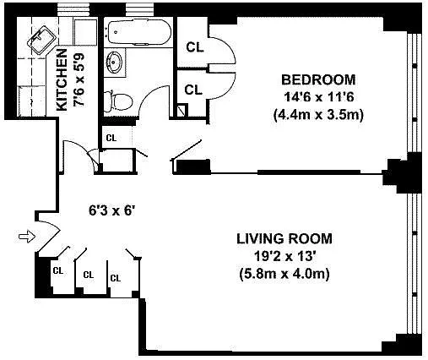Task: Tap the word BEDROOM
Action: (318, 79)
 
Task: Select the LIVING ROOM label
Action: (284, 238)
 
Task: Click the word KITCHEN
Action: (62, 79)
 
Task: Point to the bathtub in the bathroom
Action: (139, 32)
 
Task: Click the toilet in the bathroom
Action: (118, 101)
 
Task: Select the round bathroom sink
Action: (114, 63)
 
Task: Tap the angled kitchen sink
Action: (41, 40)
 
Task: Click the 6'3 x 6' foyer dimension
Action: (111, 210)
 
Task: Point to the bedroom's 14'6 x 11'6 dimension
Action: (318, 97)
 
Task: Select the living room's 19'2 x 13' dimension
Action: (284, 256)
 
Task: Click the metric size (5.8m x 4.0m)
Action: (284, 274)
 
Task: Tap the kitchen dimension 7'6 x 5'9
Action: (79, 80)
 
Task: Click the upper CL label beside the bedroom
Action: (195, 47)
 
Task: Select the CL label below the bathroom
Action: (111, 138)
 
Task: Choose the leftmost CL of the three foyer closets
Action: (58, 270)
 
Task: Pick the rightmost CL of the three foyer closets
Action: (116, 278)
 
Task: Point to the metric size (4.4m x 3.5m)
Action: (318, 115)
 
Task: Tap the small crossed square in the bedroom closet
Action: (182, 110)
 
